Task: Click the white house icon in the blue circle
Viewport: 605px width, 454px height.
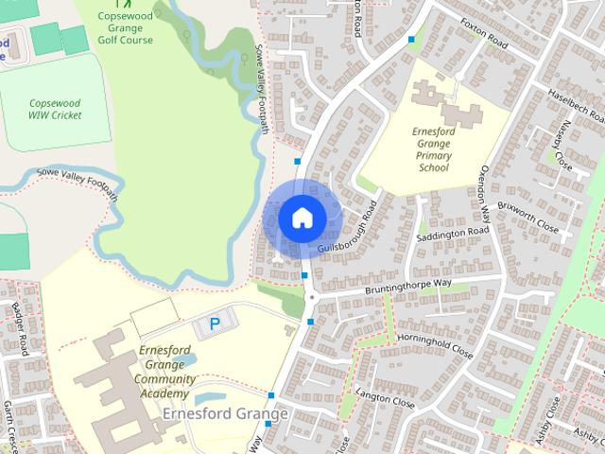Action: point(302,218)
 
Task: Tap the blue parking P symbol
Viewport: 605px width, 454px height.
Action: point(215,324)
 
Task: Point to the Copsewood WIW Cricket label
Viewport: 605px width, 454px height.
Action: point(55,108)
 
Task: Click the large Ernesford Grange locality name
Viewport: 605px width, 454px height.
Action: point(224,414)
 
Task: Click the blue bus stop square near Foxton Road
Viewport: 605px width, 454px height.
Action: point(411,40)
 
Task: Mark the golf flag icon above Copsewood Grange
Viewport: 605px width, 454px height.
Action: point(117,3)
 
